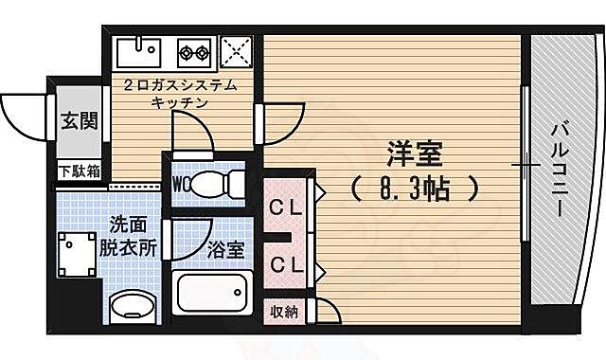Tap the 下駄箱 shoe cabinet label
(80, 171)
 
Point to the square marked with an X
(236, 48)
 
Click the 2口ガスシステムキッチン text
(180, 96)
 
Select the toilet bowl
(216, 183)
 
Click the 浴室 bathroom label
(225, 250)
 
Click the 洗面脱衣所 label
(133, 237)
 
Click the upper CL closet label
(284, 207)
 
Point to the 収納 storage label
(283, 311)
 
